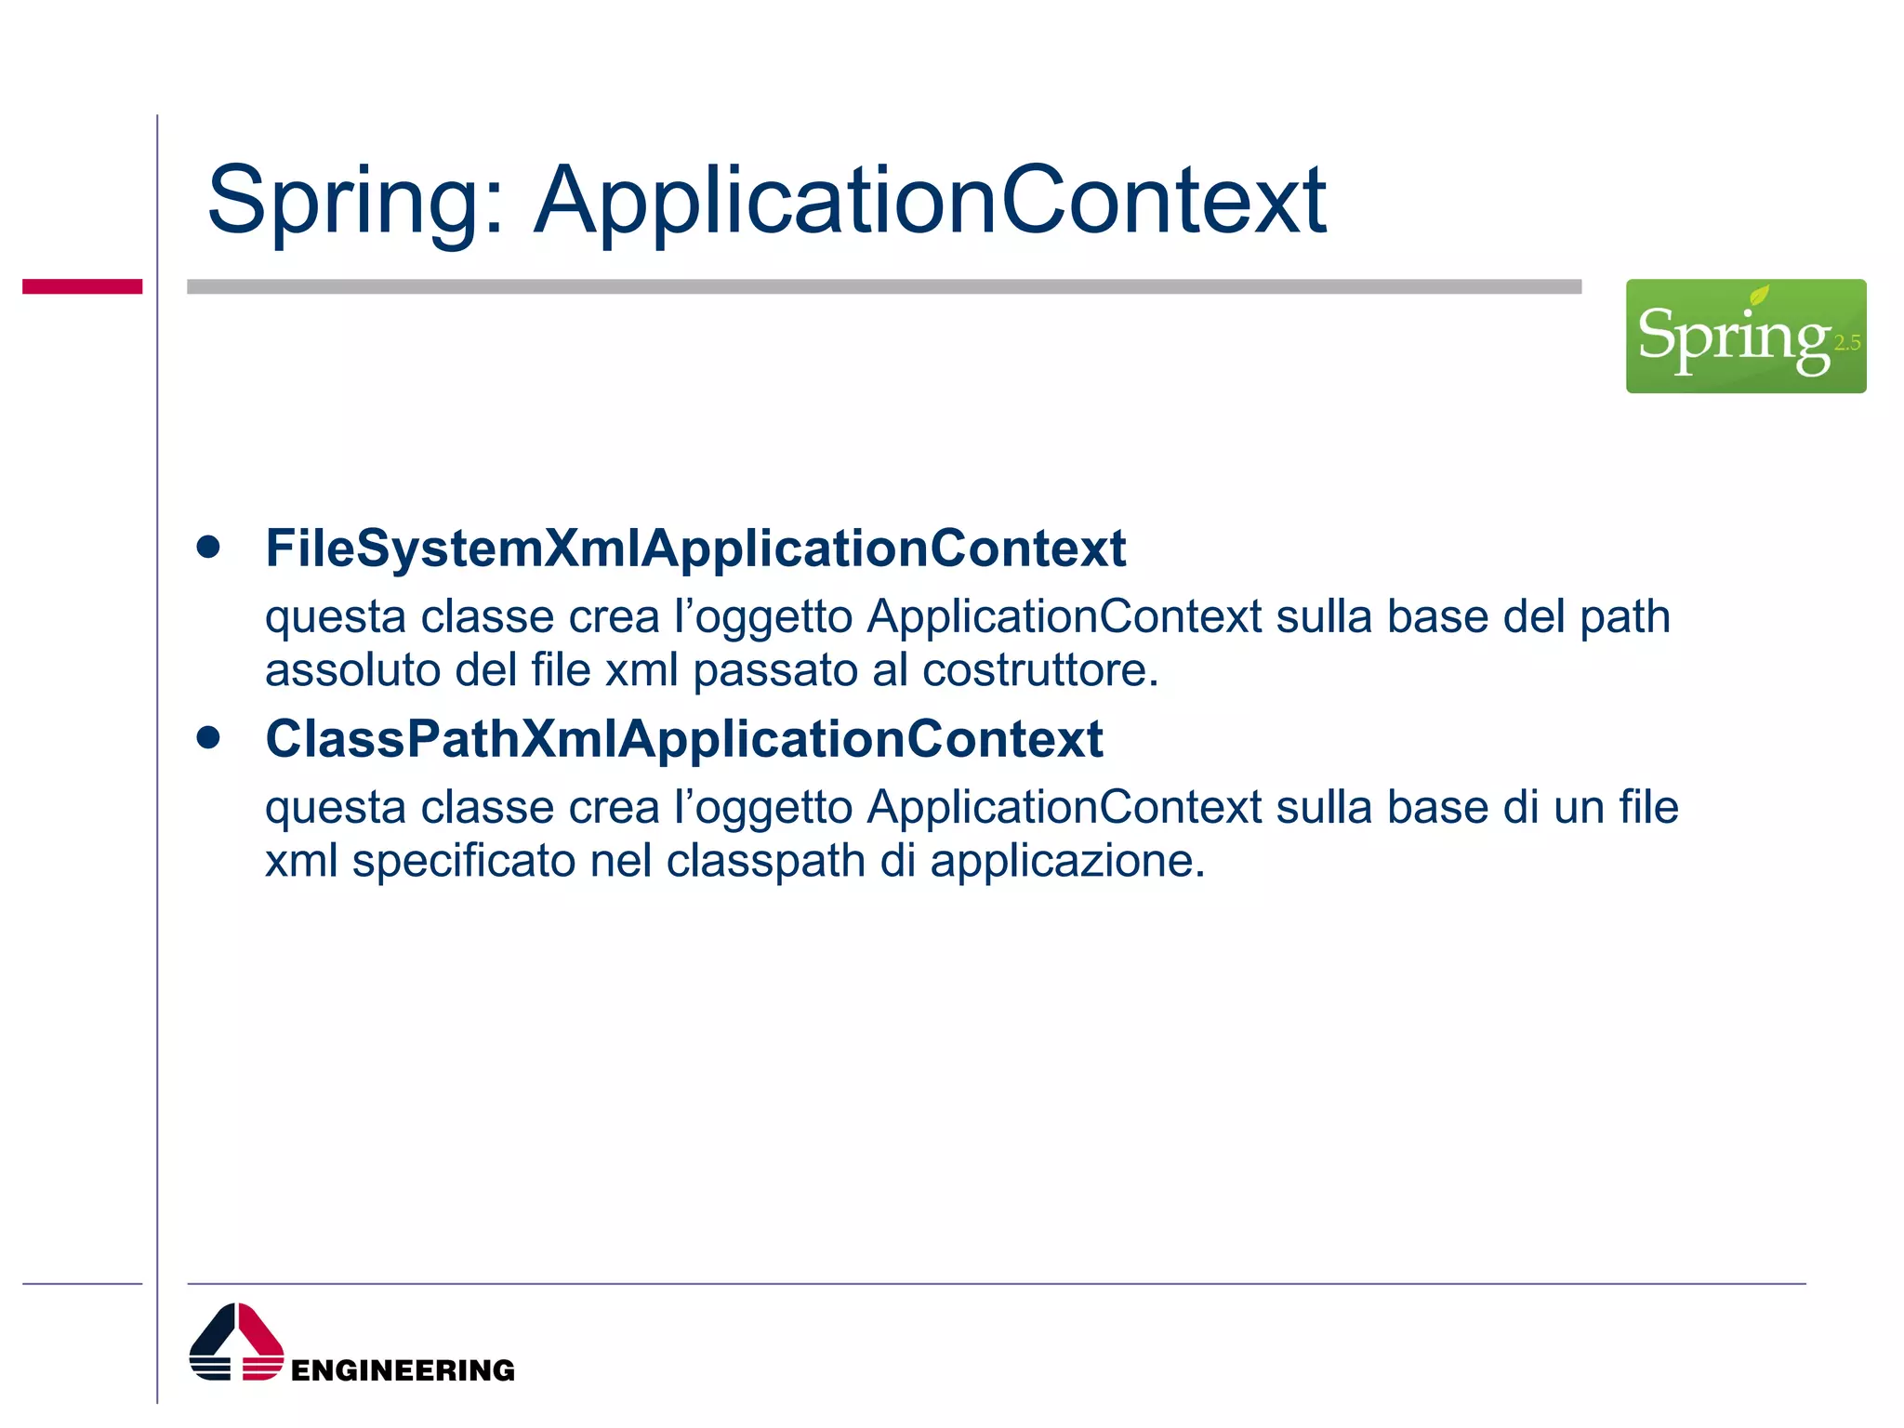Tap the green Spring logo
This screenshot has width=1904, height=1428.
click(1744, 337)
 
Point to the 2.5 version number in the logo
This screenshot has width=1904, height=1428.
click(1846, 343)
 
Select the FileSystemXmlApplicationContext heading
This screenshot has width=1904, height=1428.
click(695, 548)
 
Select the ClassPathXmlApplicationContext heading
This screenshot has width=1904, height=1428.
click(683, 739)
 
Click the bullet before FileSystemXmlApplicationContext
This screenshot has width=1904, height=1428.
click(208, 547)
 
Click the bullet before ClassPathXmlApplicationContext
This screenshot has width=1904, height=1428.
click(208, 738)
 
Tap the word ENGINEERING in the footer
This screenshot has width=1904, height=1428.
click(403, 1370)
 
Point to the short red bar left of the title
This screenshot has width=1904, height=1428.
click(82, 286)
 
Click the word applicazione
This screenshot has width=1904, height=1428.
click(1065, 862)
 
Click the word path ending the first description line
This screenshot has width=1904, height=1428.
click(1625, 617)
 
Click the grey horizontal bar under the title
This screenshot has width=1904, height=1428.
click(883, 286)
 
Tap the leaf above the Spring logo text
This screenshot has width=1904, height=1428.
click(1759, 296)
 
